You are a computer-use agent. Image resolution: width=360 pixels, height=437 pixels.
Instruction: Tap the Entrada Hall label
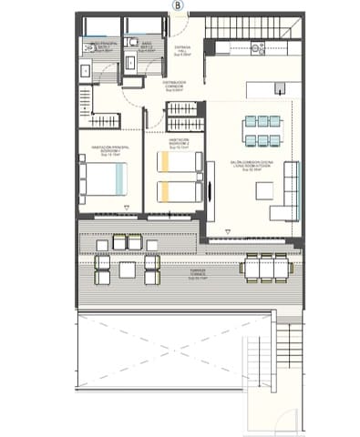click(x=181, y=51)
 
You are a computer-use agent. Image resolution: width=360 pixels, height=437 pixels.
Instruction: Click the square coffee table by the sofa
click(x=265, y=188)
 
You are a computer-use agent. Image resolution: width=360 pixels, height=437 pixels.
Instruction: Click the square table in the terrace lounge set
click(x=127, y=266)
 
